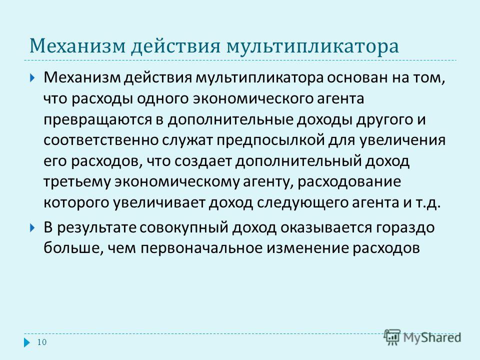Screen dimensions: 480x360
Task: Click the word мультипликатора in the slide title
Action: (x=312, y=46)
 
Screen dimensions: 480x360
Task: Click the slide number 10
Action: (x=41, y=342)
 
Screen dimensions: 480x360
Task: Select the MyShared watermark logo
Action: (x=422, y=337)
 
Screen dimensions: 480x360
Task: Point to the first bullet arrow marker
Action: (x=33, y=77)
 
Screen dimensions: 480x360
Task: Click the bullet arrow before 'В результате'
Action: (x=33, y=228)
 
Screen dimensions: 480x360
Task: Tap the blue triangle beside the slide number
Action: (x=27, y=342)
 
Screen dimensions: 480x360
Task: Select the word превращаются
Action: (x=97, y=119)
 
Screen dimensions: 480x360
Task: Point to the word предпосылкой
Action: (x=271, y=140)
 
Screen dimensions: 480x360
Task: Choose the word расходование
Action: (x=349, y=182)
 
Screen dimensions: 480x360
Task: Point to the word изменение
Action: (x=306, y=248)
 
